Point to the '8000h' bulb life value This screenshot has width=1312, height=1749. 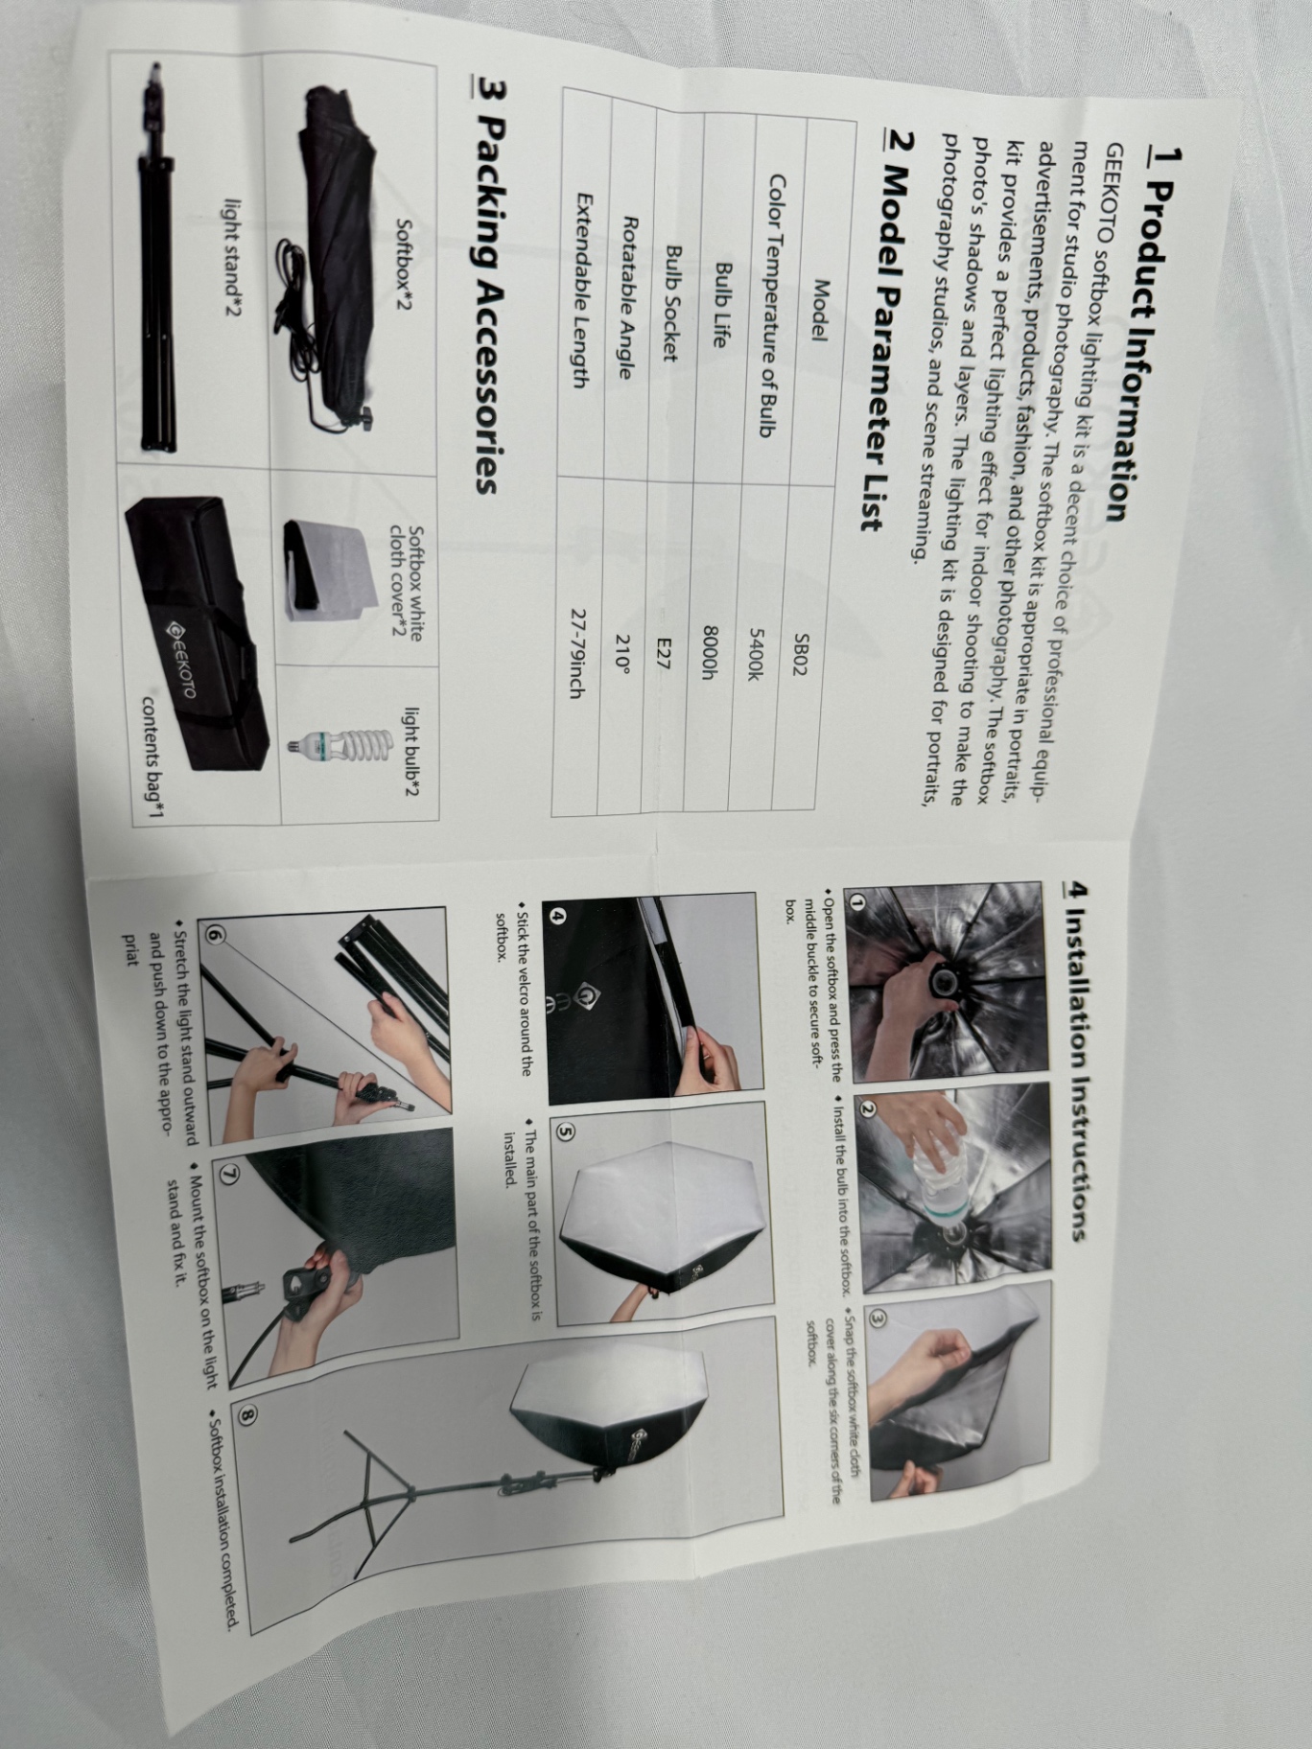[711, 652]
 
